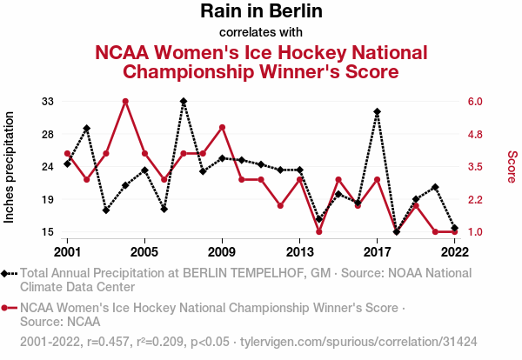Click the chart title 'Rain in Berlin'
click(261, 11)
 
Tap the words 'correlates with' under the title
click(261, 33)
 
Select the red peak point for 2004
click(125, 101)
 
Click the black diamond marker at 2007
click(184, 101)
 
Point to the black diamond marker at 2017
click(377, 111)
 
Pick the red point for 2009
click(222, 127)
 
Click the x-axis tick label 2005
click(144, 251)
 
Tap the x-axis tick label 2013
click(299, 251)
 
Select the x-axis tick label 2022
click(454, 251)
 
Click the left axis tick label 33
click(49, 101)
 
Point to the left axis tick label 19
click(49, 199)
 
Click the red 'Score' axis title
click(512, 166)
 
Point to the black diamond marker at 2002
click(87, 129)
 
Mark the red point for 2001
click(67, 154)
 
